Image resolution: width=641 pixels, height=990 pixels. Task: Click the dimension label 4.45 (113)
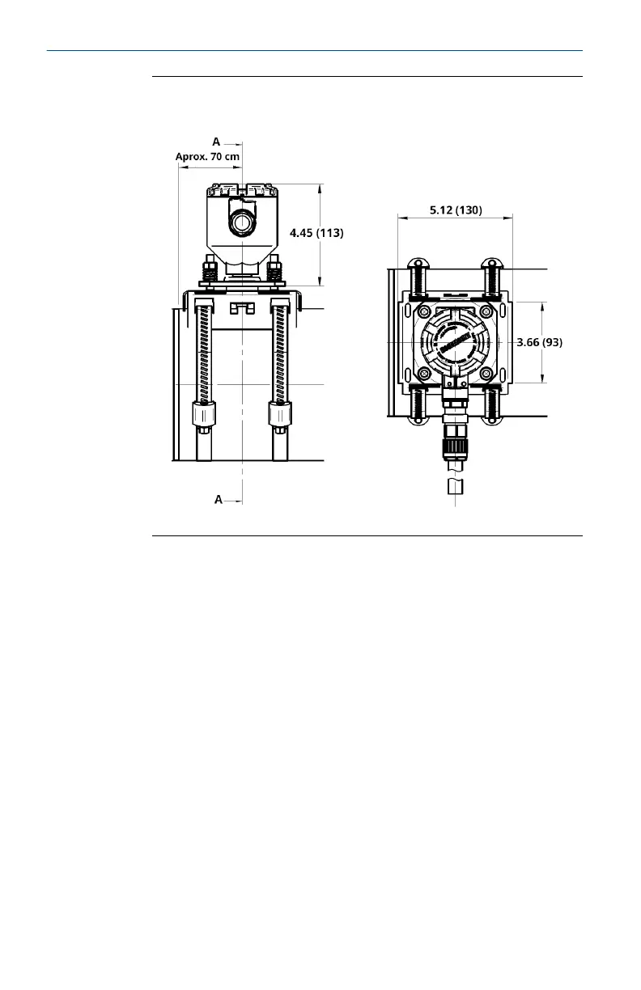[316, 233]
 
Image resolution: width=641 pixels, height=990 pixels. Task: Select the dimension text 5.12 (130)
[455, 210]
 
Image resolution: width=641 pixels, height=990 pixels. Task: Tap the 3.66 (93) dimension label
[539, 342]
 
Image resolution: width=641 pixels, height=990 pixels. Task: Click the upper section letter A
[216, 142]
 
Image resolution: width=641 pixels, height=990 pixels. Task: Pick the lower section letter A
[219, 500]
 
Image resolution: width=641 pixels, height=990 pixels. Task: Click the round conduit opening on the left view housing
[242, 221]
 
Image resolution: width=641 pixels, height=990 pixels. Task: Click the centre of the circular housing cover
[455, 342]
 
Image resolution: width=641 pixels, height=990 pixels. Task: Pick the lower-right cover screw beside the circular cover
[486, 373]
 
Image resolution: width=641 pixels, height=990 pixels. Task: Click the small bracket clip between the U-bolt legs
[242, 308]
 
